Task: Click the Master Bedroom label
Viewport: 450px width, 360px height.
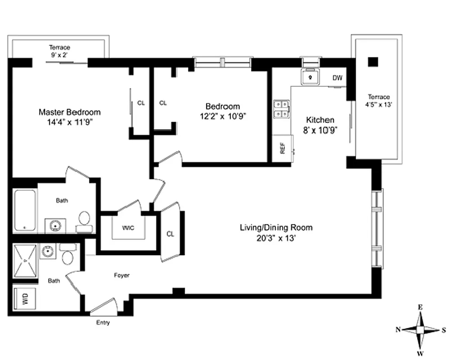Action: pos(69,112)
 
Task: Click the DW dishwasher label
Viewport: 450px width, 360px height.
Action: pos(337,78)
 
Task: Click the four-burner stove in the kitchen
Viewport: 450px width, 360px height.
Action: pos(282,109)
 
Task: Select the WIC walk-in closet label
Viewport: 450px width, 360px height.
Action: pos(128,227)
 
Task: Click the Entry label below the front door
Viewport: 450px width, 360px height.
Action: pos(103,323)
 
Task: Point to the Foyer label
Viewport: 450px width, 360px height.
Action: pos(121,275)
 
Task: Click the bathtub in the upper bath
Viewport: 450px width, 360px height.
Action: pos(24,211)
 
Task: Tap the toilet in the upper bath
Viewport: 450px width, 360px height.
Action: pos(84,220)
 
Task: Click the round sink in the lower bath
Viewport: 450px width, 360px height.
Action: pos(47,252)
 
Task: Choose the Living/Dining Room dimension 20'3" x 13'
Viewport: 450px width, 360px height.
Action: pos(276,238)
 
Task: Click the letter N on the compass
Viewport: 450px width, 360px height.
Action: pos(398,329)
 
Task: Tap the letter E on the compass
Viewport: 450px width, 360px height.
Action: pos(420,307)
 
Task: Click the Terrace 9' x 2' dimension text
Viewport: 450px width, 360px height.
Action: pos(60,55)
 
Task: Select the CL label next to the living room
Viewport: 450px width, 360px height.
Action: pos(170,234)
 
